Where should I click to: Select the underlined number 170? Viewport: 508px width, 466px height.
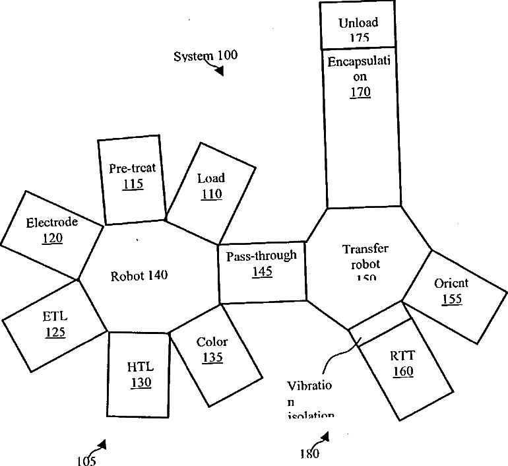pos(360,92)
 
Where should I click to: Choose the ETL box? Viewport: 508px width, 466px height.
pos(55,323)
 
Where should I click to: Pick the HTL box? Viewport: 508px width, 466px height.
pos(139,374)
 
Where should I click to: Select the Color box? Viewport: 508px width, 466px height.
pos(211,350)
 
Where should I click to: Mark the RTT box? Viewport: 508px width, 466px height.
pos(402,363)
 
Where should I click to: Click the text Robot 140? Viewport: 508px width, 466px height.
pos(139,276)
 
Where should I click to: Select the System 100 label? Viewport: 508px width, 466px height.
pos(205,55)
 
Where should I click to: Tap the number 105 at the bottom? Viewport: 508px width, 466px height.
pos(86,461)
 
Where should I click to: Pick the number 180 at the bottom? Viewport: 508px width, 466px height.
pos(309,454)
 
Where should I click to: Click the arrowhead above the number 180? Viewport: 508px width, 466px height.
pos(325,436)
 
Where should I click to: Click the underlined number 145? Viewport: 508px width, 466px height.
pos(262,271)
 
